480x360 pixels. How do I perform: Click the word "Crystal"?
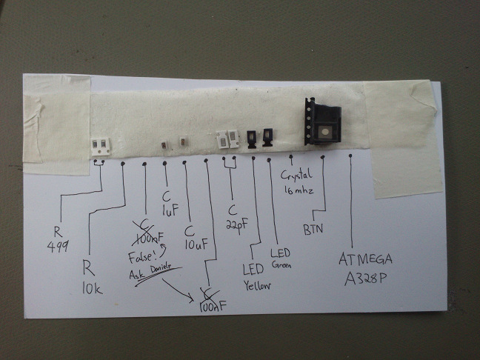click(x=298, y=176)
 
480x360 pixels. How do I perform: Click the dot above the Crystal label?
click(x=291, y=156)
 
